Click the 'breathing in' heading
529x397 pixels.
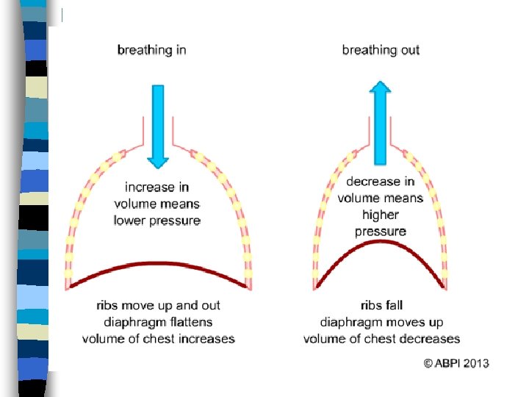click(152, 50)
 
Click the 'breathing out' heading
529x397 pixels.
click(381, 50)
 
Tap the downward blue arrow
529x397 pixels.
click(157, 125)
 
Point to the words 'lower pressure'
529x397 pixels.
click(156, 220)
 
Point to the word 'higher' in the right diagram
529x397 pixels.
click(380, 215)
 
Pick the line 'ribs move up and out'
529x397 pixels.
click(158, 305)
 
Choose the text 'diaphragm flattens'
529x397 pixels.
click(158, 322)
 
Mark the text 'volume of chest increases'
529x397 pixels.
click(158, 339)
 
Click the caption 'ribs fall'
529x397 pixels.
click(381, 305)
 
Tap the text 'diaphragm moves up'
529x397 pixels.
click(381, 322)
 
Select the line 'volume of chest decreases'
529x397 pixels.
click(381, 339)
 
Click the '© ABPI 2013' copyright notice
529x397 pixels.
click(456, 363)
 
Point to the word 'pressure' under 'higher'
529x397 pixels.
click(380, 232)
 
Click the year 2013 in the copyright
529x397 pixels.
click(475, 363)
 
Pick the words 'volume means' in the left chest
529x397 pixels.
click(156, 204)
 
